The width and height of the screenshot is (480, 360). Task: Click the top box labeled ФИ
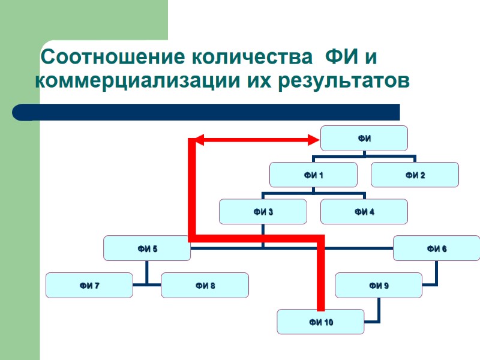[364, 138]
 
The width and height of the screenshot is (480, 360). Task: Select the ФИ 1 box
[313, 175]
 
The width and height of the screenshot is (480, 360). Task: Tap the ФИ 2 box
[415, 175]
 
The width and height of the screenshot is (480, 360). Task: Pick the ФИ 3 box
[262, 211]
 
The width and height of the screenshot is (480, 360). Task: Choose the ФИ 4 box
[364, 211]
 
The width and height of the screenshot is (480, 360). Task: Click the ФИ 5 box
[147, 248]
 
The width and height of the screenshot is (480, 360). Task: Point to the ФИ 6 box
[436, 248]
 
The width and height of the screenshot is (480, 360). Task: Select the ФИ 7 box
[89, 285]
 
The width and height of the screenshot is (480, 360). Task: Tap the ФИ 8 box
[205, 285]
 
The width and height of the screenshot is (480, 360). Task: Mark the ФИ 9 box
[379, 285]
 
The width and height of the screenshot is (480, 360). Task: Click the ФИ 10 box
[320, 322]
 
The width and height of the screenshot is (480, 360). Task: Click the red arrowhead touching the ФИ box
[313, 140]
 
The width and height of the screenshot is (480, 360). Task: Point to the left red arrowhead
[199, 140]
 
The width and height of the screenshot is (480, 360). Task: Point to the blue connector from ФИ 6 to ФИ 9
[436, 273]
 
